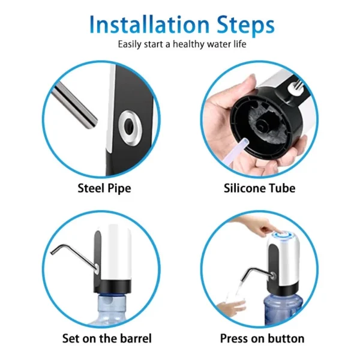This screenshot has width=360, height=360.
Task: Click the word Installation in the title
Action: tap(149, 25)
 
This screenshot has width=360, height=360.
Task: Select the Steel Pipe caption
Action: tap(104, 189)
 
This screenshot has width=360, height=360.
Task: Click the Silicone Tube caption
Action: tap(259, 188)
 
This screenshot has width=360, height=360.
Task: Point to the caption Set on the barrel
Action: tap(107, 338)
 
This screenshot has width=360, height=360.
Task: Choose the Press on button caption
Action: tap(262, 338)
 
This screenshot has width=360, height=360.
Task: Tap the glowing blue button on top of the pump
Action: tap(283, 236)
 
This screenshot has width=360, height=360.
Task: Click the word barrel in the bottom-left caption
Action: tap(136, 338)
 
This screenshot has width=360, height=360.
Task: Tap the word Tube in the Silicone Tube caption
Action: tap(282, 188)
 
